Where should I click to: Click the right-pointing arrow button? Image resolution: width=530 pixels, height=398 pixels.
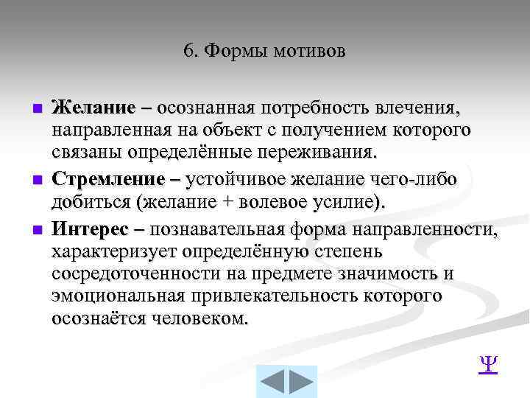tap(301, 382)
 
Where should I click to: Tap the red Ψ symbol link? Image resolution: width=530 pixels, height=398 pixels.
tap(487, 364)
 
